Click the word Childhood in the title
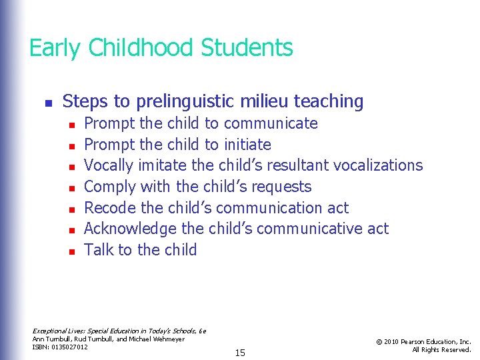[140, 49]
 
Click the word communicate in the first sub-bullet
[271, 124]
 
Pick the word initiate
[247, 145]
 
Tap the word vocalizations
[378, 165]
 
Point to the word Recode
[109, 208]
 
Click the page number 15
[240, 353]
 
